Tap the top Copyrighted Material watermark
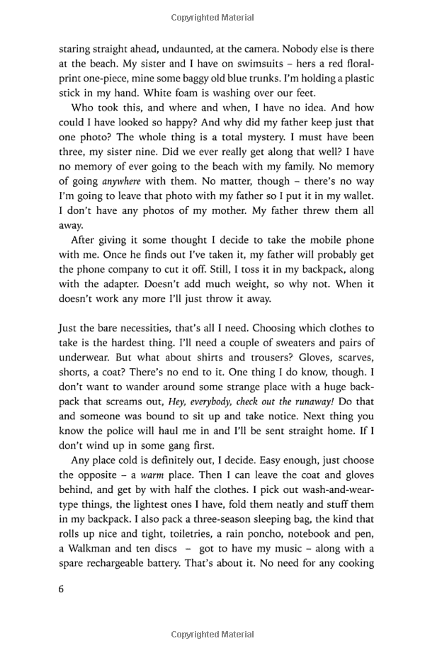(212, 14)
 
